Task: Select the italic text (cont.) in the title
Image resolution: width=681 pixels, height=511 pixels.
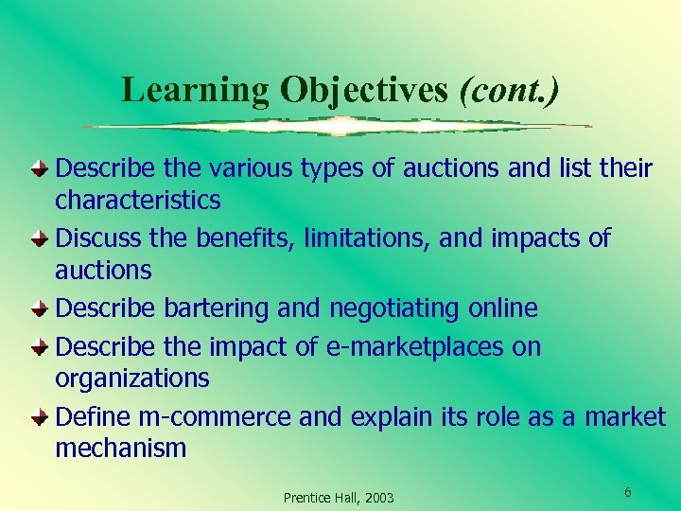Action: [508, 90]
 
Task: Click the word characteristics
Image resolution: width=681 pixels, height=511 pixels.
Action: [138, 201]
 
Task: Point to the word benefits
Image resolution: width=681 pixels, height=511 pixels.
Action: [247, 238]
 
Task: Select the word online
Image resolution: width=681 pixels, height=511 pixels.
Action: [506, 308]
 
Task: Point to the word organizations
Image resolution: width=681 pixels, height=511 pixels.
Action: [132, 379]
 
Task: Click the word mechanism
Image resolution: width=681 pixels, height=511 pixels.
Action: [121, 449]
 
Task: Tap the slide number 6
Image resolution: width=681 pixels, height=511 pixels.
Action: [627, 492]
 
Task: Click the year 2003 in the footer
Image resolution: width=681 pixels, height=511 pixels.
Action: [378, 498]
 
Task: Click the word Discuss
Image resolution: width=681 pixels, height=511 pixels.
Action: [93, 238]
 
